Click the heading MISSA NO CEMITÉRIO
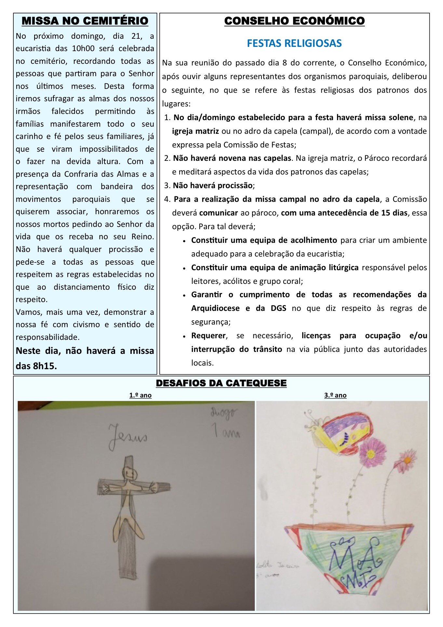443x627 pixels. [x=85, y=21]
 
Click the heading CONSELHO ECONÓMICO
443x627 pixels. [x=294, y=21]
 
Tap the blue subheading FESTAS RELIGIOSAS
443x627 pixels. [x=294, y=43]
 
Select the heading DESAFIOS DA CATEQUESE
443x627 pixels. [x=221, y=383]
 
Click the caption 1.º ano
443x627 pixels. [x=140, y=395]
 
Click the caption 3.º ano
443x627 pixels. [x=335, y=395]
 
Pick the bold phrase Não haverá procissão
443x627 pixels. [x=213, y=186]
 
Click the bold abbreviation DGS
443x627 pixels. [x=278, y=308]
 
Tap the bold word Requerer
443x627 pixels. [x=208, y=336]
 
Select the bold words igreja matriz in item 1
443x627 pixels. [x=195, y=131]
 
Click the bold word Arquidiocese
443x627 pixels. [x=215, y=308]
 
